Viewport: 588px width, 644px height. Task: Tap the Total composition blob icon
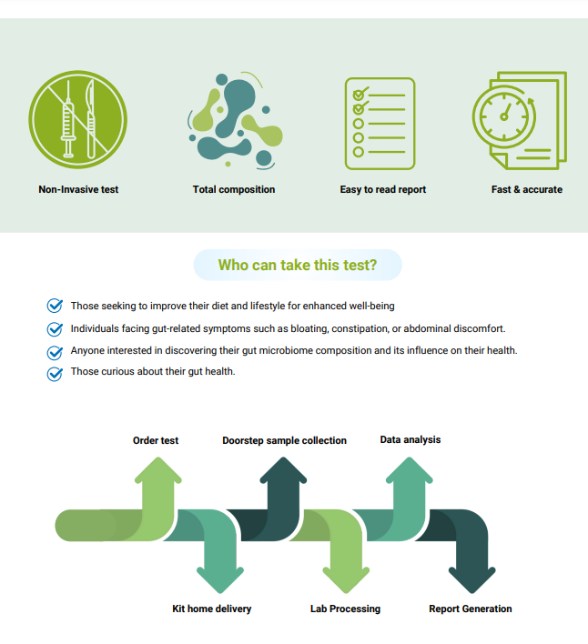(234, 119)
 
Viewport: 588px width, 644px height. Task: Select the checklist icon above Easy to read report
(380, 123)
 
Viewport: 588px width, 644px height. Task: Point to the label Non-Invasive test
(78, 189)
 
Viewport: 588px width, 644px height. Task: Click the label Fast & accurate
(527, 189)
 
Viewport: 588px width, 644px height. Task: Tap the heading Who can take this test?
(298, 266)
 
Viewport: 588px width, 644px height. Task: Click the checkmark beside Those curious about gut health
(55, 373)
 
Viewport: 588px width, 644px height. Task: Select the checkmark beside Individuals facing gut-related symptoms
(55, 328)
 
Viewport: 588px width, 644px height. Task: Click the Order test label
(156, 440)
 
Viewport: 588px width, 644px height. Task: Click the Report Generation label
(471, 609)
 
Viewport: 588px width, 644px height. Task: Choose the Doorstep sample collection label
(284, 440)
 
